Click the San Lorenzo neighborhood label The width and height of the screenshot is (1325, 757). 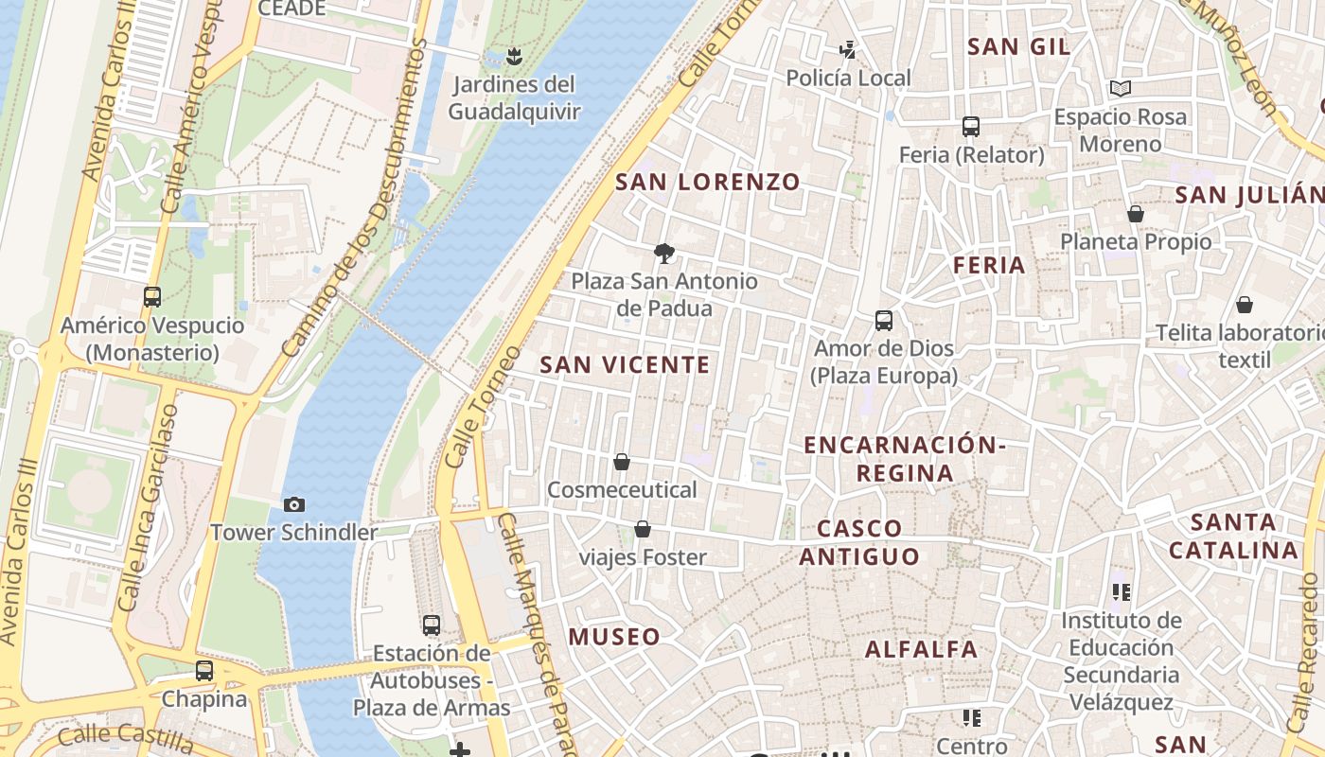point(708,182)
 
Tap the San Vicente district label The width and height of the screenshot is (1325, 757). point(625,364)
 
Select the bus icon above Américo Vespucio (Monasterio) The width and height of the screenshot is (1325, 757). point(152,297)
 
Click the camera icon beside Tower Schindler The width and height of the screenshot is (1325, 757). point(294,505)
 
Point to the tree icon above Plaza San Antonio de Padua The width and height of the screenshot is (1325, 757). point(664,253)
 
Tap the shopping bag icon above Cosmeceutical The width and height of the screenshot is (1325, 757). point(622,462)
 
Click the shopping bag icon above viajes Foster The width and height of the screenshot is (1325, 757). point(643,529)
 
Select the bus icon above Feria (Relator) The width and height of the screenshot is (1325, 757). point(970,127)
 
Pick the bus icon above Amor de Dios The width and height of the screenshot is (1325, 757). point(884,321)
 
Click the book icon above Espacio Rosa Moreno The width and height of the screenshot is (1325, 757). point(1121,89)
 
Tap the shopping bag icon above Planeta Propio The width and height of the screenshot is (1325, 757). point(1135,214)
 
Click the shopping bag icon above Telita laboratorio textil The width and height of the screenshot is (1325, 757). point(1245,305)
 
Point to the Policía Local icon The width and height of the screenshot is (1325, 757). point(848,50)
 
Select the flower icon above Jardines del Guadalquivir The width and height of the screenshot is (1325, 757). point(514,56)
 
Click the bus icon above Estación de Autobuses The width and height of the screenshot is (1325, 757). point(432,625)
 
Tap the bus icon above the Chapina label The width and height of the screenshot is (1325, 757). point(204,671)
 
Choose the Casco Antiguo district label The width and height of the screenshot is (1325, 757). point(859,542)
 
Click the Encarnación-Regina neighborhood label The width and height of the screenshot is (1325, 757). point(904,459)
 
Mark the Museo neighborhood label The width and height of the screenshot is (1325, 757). point(614,637)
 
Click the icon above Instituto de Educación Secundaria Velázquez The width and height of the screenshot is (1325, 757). point(1122,593)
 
